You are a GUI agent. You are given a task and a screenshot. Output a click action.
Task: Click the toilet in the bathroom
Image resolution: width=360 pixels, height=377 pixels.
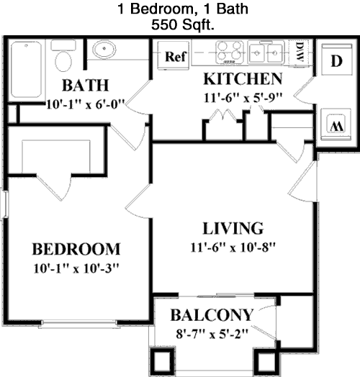pos(63,56)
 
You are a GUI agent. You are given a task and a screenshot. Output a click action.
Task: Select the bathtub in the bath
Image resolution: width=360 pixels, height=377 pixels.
pos(26,70)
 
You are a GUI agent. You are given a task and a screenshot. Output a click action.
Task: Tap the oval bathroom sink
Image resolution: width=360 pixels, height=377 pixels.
pos(104,49)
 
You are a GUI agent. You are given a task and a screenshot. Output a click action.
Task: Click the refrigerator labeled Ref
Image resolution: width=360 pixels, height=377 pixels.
pos(174,55)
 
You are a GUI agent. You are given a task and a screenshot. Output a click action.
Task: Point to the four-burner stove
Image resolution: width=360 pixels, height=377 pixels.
pos(230,53)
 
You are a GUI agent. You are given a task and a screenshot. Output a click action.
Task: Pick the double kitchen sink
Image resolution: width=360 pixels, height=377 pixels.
pos(266,53)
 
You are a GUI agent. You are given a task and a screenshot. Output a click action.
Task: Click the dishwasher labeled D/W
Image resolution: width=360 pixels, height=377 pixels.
pos(299,53)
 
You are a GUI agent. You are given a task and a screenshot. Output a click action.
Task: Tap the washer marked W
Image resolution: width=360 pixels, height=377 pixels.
pos(336,124)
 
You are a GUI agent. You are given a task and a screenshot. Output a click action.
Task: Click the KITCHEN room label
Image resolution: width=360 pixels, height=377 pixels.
pos(243,78)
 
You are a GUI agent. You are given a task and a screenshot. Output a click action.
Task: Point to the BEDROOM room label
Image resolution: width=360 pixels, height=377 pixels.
pos(76,249)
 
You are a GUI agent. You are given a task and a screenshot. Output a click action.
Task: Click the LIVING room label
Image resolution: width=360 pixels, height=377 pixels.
pos(233,228)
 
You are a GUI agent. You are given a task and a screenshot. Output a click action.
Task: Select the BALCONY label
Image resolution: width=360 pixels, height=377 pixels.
pos(212,314)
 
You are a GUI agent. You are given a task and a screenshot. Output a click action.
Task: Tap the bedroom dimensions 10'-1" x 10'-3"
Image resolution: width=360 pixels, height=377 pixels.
pos(76,268)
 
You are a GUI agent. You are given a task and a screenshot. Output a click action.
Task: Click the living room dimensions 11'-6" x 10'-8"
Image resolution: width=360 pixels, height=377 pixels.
pos(233,247)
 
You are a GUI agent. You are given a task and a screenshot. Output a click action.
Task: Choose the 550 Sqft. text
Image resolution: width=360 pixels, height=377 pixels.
pos(183,24)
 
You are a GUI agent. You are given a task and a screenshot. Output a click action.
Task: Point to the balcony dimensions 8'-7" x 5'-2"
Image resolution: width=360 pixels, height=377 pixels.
pos(212,334)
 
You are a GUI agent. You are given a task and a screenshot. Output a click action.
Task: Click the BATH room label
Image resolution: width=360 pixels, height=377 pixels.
pos(86,85)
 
